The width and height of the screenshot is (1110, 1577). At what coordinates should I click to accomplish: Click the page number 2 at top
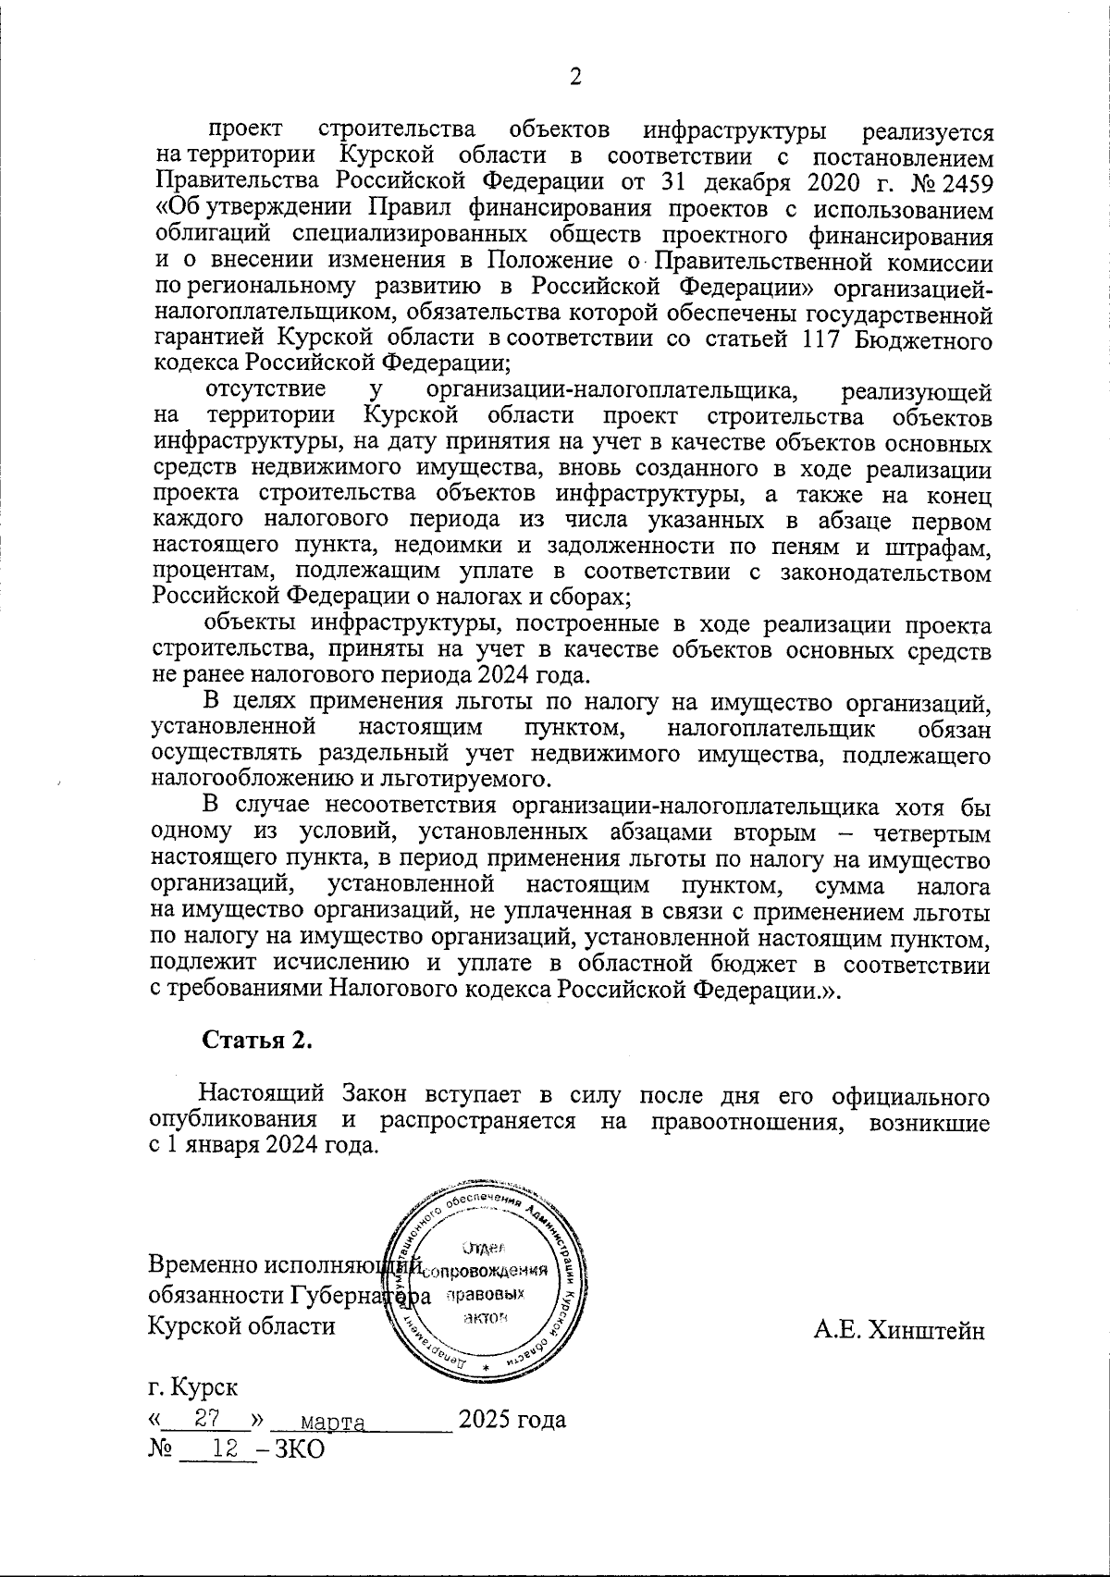click(x=574, y=78)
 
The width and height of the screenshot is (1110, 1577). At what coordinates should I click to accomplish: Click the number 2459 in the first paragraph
click(x=967, y=179)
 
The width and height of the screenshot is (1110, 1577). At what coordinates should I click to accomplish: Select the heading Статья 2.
click(x=258, y=1040)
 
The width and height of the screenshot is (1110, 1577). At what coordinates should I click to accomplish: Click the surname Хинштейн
click(x=899, y=1331)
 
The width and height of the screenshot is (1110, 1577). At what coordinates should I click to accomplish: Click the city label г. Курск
click(x=192, y=1388)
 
